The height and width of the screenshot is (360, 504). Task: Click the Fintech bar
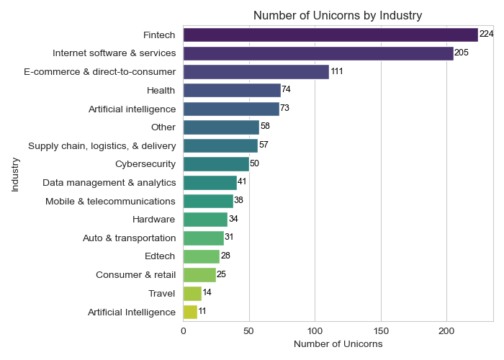tap(330, 35)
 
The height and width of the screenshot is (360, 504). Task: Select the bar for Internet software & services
tap(318, 53)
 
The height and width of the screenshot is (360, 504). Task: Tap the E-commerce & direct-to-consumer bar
tap(256, 72)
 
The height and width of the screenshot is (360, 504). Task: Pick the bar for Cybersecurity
tap(216, 163)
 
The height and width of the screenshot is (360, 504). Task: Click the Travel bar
tap(192, 293)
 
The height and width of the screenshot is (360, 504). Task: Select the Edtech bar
tap(202, 256)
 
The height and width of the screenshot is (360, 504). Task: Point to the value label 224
tap(486, 35)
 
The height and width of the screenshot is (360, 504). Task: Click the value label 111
tap(337, 72)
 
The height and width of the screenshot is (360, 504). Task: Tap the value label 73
tap(284, 108)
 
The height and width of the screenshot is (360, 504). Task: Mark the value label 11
tap(202, 312)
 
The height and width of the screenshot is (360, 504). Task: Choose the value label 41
tap(242, 182)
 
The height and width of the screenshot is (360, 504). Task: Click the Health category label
tap(161, 90)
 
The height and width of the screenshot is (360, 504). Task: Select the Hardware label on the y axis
tap(154, 219)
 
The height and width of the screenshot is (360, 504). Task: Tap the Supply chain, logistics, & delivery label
tap(102, 145)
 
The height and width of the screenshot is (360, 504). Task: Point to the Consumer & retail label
tap(136, 274)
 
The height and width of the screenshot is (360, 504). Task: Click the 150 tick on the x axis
tap(381, 330)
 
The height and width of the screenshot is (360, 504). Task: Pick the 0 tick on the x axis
tap(184, 330)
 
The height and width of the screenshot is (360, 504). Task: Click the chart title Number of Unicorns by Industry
tap(338, 15)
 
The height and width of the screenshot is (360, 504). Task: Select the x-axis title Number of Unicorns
tap(338, 345)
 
